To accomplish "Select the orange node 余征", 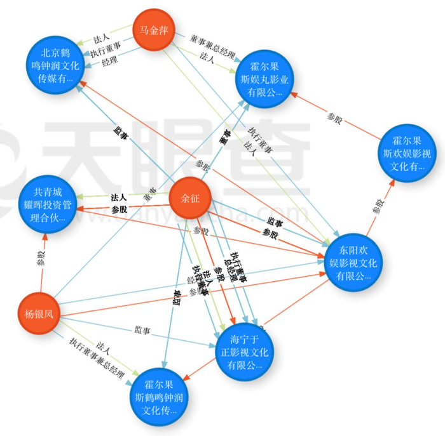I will click(190, 199).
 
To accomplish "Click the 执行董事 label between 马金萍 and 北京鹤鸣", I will click(106, 46).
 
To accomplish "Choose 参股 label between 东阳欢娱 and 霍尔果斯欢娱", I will click(379, 205).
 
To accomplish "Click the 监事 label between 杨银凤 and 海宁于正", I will click(142, 330).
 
